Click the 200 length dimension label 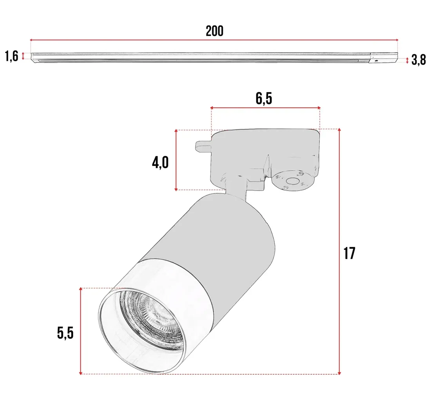[214, 31]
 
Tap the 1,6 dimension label [11, 56]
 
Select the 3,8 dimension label [418, 61]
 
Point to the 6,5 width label [264, 98]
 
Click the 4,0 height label [160, 162]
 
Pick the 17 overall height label [349, 253]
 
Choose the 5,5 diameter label [65, 333]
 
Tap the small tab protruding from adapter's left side [203, 147]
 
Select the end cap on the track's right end [384, 57]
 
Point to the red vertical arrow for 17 [339, 251]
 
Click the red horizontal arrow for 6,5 [265, 107]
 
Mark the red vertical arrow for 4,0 [176, 160]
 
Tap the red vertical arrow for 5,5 [81, 331]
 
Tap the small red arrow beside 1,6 [23, 56]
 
